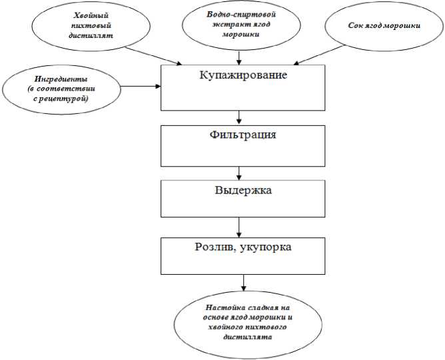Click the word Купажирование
click(243, 75)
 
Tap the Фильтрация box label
click(242, 135)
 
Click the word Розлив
click(211, 248)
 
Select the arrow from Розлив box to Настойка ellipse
click(244, 283)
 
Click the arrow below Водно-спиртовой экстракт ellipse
click(238, 59)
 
